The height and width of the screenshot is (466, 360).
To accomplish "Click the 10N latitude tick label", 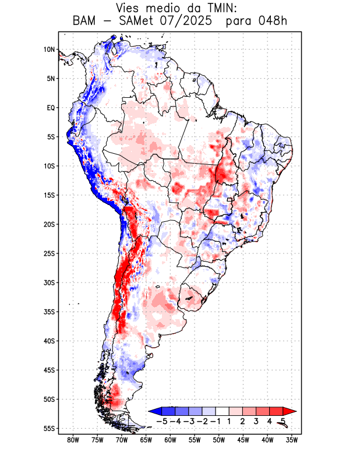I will tap(49, 50).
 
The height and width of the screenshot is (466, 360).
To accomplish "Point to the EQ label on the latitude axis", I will tap(51, 108).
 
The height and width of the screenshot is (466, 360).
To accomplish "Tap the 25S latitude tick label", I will tap(49, 253).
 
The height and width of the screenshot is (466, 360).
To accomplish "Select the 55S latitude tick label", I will tap(49, 428).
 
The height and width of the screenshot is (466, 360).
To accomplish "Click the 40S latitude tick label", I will tap(49, 341).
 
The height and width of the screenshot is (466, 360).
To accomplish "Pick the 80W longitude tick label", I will tap(73, 440).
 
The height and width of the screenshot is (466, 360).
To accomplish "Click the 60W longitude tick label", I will tap(171, 440).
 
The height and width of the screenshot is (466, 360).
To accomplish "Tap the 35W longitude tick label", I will tap(292, 440).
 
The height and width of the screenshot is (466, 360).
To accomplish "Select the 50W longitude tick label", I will tap(219, 440).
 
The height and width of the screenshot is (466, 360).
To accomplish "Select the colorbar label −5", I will tap(163, 421).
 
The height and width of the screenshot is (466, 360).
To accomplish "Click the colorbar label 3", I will tap(256, 421).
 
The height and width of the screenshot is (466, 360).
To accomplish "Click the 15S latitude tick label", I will tap(49, 195).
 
